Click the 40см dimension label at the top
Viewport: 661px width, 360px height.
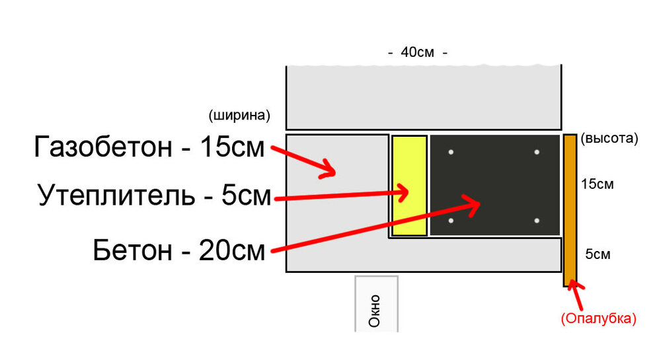(x=417, y=52)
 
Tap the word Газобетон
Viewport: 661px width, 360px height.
(x=103, y=147)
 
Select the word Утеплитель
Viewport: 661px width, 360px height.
(x=116, y=195)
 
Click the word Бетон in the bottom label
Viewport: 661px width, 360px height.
(x=132, y=250)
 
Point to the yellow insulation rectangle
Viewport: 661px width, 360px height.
(x=409, y=186)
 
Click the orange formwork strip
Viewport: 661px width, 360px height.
(x=570, y=211)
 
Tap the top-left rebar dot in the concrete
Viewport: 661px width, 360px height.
(x=451, y=152)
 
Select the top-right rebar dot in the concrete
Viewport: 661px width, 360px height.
(x=537, y=152)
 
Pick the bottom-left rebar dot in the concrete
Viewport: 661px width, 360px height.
(x=451, y=221)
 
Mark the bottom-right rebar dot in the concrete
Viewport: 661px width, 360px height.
(x=537, y=221)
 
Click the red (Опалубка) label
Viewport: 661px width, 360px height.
(x=598, y=318)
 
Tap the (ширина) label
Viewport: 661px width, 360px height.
(x=239, y=116)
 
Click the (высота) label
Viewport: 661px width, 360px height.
(x=609, y=138)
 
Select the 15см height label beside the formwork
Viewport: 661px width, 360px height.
(x=597, y=184)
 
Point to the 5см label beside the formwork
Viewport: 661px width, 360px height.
(x=598, y=254)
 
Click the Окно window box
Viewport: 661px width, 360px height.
(x=377, y=304)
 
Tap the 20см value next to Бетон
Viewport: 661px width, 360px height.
(x=231, y=250)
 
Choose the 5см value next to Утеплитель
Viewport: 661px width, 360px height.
(x=246, y=195)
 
